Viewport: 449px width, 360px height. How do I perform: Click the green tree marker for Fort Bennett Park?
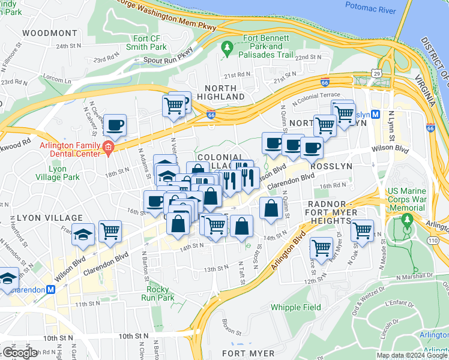pyautogui.click(x=227, y=47)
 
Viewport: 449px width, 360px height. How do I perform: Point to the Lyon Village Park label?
pyautogui.click(x=64, y=173)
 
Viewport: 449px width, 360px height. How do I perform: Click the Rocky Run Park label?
pyautogui.click(x=157, y=293)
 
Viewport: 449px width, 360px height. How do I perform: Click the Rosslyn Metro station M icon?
pyautogui.click(x=375, y=114)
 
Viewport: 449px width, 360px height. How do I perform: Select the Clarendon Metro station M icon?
pyautogui.click(x=51, y=289)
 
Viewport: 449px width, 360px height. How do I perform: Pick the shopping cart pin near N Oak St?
pyautogui.click(x=362, y=229)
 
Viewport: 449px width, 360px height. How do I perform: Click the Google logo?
pyautogui.click(x=20, y=353)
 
